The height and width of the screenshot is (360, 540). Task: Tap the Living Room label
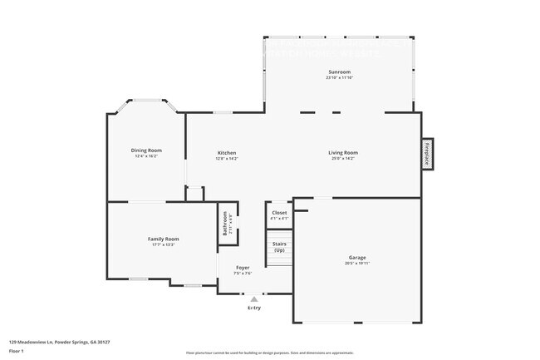coord(342,152)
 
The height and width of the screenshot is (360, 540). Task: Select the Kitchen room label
coord(227,152)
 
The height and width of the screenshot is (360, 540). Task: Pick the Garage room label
coord(357,257)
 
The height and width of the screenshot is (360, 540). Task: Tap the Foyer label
coord(243,268)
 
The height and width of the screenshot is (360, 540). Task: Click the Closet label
coord(279,213)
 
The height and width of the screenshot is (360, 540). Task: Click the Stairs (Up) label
coord(279,248)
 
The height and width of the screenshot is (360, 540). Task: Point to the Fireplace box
coord(427,155)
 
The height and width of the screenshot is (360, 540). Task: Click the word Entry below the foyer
coord(254,308)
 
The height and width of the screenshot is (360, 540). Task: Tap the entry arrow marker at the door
coord(254,298)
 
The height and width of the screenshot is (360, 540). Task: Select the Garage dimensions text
coord(357,263)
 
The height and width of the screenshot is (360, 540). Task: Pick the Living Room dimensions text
coord(342,158)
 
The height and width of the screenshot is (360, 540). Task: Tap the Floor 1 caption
coord(17,350)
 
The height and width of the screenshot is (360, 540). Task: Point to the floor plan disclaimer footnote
coord(269,353)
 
